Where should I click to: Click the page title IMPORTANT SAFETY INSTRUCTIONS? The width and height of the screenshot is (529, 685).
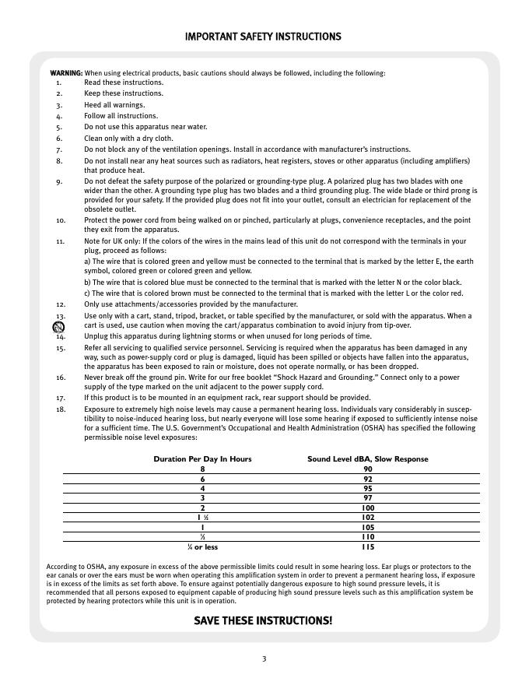pos(263,37)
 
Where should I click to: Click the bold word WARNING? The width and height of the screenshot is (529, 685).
pos(66,73)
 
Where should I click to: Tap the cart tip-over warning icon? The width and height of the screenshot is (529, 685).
pos(47,327)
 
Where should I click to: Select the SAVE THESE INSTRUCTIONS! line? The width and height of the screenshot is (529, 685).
pos(263,620)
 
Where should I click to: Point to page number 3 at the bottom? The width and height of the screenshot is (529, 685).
pos(264,659)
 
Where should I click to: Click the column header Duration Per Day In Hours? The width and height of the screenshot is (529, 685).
pos(202,459)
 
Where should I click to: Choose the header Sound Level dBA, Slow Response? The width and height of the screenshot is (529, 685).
pos(368,459)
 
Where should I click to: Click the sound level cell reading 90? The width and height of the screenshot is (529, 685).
pos(368,469)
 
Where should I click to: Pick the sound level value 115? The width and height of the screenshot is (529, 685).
pos(368,547)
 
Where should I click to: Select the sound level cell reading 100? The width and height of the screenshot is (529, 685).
pos(368,508)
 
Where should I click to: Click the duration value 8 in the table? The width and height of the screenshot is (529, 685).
pos(203,469)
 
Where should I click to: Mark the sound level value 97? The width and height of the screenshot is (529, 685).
pos(368,498)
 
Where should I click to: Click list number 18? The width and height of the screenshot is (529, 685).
pos(61,408)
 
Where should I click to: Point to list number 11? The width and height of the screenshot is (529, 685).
pos(61,242)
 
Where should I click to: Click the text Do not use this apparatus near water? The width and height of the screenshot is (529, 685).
pos(145,127)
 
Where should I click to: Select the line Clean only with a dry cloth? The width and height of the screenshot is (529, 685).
pos(128,138)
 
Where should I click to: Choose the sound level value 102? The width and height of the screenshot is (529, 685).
pos(368,518)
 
